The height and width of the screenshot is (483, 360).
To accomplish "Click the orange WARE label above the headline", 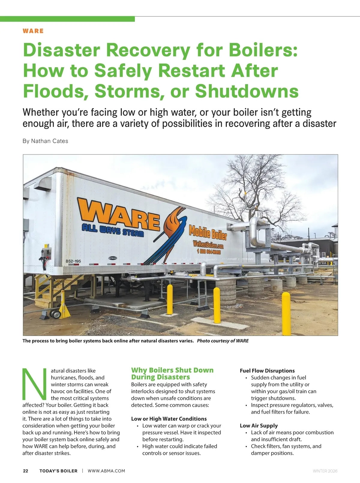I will pyautogui.click(x=33, y=31).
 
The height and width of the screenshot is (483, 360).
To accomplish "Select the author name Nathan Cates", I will pyautogui.click(x=49, y=141).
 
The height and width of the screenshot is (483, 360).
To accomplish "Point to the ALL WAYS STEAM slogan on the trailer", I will pyautogui.click(x=112, y=230).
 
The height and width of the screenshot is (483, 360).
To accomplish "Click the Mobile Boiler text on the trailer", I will pyautogui.click(x=208, y=233).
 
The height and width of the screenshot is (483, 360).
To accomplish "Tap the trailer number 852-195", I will pyautogui.click(x=73, y=261).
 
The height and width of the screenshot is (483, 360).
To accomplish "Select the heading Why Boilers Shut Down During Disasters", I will pyautogui.click(x=172, y=373).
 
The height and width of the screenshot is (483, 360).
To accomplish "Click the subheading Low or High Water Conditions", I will pyautogui.click(x=169, y=419).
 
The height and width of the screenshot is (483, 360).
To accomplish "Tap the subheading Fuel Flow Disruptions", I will pyautogui.click(x=267, y=371).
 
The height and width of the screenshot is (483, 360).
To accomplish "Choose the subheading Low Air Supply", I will pyautogui.click(x=259, y=426).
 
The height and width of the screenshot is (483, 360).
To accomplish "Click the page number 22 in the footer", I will pyautogui.click(x=25, y=471).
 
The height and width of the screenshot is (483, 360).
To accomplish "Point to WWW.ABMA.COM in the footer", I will pyautogui.click(x=106, y=471).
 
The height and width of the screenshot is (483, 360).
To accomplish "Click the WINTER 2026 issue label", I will pyautogui.click(x=325, y=471).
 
